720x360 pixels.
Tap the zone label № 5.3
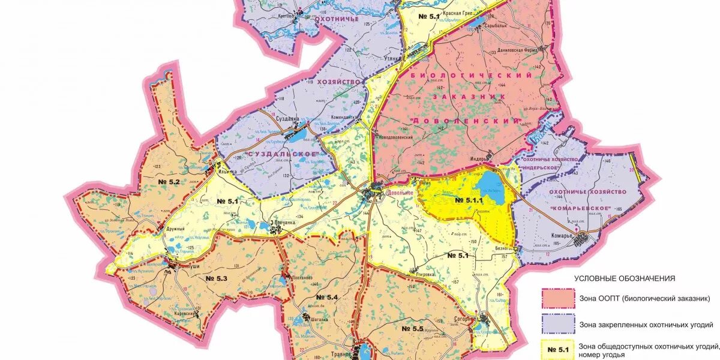(216, 278)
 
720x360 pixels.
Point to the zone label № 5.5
(412, 329)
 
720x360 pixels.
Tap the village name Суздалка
(287, 119)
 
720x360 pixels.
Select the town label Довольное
(401, 193)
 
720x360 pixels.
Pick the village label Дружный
(175, 229)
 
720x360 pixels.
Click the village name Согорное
(465, 320)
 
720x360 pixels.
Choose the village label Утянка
(392, 59)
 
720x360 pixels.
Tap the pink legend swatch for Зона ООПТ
(558, 298)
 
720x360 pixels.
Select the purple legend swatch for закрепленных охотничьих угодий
(558, 325)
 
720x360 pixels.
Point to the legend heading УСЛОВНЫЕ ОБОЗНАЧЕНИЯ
(625, 278)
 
